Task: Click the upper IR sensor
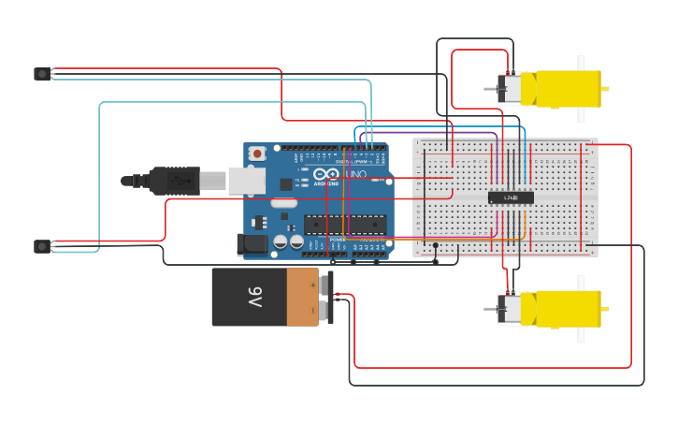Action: (42, 74)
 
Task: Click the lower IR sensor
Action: (42, 246)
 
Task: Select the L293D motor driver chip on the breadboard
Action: (511, 197)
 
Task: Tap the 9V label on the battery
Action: (254, 298)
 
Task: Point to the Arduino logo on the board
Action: (326, 175)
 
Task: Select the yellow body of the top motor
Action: (567, 89)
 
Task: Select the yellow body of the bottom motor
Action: (567, 309)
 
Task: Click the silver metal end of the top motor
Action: (509, 89)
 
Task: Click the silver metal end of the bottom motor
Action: (509, 309)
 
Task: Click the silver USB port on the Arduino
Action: (246, 181)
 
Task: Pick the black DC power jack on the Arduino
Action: (252, 245)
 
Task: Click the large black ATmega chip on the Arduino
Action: (344, 225)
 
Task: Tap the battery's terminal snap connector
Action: (325, 298)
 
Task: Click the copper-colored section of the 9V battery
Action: (302, 298)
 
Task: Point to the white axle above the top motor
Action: (581, 63)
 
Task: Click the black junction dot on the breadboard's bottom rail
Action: (436, 245)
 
